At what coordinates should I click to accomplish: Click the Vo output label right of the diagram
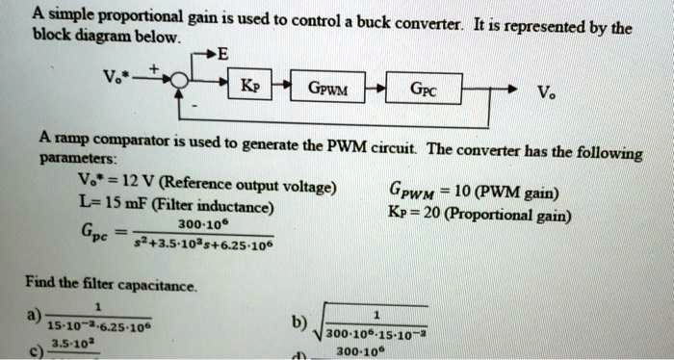click(546, 94)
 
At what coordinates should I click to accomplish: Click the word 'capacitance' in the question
click(159, 286)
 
